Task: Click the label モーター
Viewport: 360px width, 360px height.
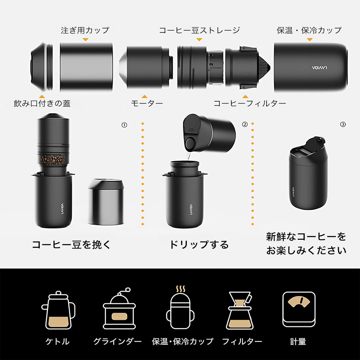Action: (146, 103)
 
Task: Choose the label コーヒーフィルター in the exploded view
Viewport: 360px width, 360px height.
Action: (248, 103)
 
